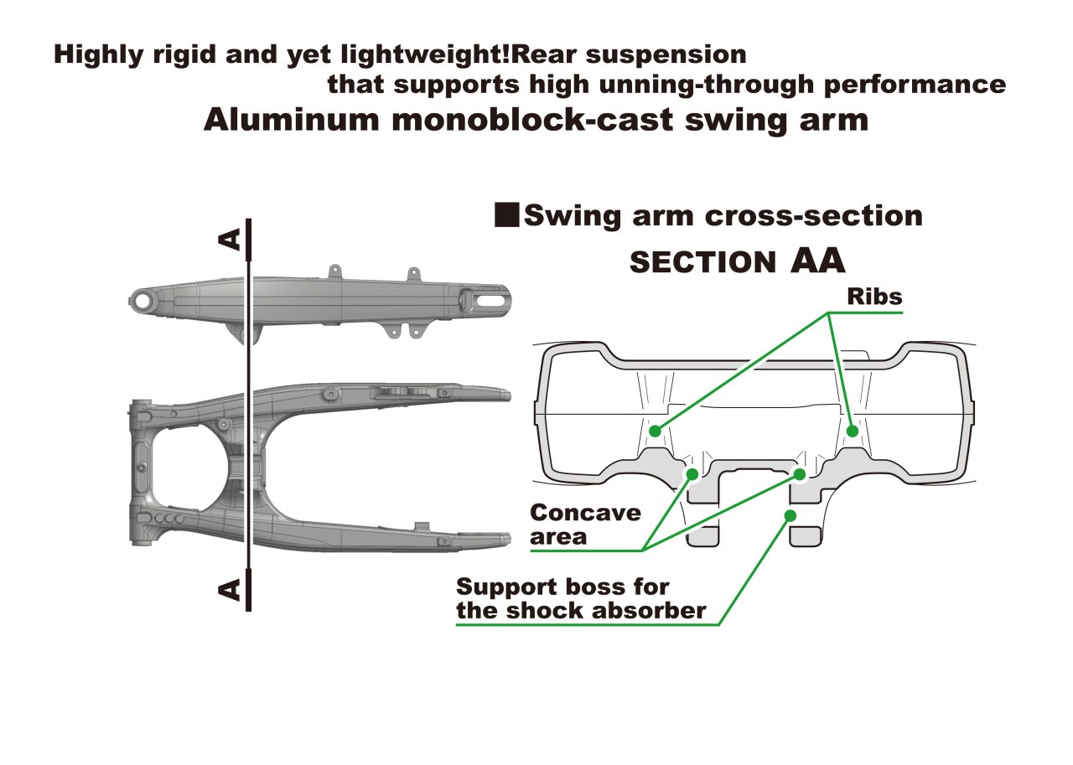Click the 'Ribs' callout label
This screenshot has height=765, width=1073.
coord(874,297)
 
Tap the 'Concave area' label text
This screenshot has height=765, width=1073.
coord(585,525)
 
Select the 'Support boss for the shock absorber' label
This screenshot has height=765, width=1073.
coord(581,598)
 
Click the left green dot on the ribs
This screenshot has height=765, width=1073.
coord(655,432)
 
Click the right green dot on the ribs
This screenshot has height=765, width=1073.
coord(853,432)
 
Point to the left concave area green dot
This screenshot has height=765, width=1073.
coord(692,474)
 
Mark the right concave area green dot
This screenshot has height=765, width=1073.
coord(800,474)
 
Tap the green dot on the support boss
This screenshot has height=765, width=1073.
coord(790,515)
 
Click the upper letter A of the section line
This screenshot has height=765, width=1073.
coord(230,240)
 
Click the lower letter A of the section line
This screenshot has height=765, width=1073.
coord(230,589)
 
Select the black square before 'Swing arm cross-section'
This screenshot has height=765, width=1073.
coord(507,215)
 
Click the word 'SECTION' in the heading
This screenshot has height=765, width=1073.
coord(702,262)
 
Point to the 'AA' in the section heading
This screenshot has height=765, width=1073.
coord(817,261)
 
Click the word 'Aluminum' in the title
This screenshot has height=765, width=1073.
coord(291,120)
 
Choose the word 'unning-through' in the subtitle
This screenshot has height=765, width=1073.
coord(706,85)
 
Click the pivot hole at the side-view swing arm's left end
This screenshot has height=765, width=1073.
coord(143,301)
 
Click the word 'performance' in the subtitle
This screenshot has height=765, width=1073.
coord(915,85)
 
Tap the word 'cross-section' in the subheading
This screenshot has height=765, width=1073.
coord(814,216)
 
